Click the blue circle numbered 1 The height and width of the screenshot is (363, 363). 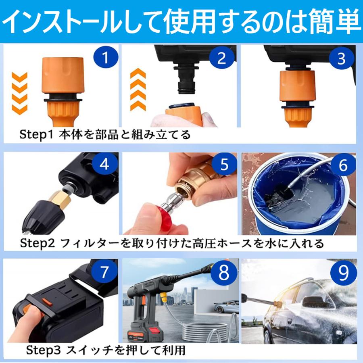click(106, 57)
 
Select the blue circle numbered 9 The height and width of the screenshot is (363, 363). click(343, 272)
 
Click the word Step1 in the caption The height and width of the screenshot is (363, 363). click(36, 135)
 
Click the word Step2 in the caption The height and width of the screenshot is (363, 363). click(37, 243)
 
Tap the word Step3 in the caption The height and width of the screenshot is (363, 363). click(43, 350)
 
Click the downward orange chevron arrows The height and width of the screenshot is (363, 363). click(20, 93)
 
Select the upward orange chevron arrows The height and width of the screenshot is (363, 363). click(138, 90)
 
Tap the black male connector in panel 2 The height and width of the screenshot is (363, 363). click(186, 78)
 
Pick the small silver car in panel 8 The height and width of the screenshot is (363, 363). click(226, 307)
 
